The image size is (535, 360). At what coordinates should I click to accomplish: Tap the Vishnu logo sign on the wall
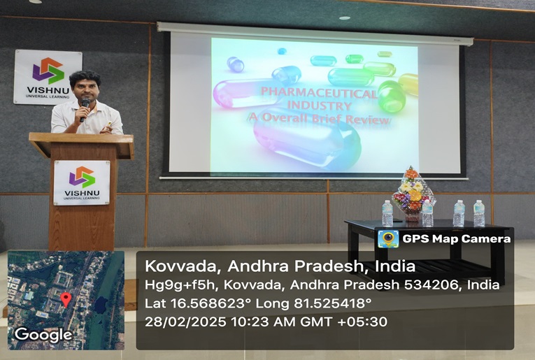48,77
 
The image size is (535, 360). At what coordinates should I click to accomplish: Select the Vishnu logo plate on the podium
82,182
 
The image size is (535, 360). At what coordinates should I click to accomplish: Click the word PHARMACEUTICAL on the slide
319,93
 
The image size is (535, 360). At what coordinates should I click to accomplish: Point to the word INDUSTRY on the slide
320,106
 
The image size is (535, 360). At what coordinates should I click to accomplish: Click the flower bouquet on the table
413,194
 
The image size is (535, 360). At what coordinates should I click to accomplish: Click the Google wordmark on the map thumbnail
43,335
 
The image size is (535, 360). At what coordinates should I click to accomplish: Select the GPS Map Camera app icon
388,239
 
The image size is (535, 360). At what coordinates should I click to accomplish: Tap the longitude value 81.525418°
332,303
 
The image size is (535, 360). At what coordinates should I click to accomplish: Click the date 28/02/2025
185,322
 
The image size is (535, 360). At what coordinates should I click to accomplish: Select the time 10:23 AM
262,322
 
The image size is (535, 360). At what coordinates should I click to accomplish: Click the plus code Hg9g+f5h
181,285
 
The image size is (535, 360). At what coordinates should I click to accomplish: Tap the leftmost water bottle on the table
387,213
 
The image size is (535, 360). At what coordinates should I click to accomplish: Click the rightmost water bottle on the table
479,213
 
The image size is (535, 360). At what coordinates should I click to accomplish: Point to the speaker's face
85,89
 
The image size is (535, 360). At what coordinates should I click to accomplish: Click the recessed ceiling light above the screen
345,18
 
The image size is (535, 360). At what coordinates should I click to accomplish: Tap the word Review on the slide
367,120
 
